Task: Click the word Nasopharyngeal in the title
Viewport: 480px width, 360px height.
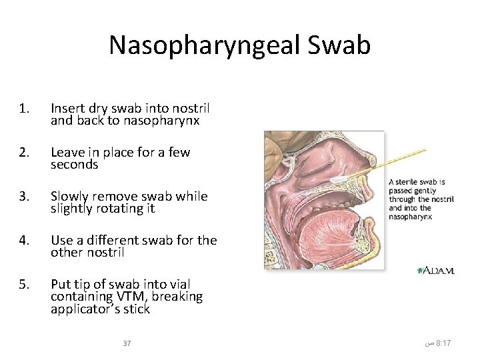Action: click(x=205, y=45)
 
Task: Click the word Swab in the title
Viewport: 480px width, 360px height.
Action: click(x=339, y=45)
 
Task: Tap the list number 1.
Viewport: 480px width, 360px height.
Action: click(x=24, y=108)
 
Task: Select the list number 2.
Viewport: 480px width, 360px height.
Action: click(x=24, y=152)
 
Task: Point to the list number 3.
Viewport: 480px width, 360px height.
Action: click(x=24, y=196)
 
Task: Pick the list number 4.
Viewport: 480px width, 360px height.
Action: click(x=24, y=240)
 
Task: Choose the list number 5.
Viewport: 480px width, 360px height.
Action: click(x=24, y=284)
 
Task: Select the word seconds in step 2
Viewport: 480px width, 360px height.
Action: click(x=74, y=165)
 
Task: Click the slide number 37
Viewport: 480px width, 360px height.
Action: click(x=127, y=343)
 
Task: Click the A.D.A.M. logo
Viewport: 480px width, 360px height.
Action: click(x=435, y=270)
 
